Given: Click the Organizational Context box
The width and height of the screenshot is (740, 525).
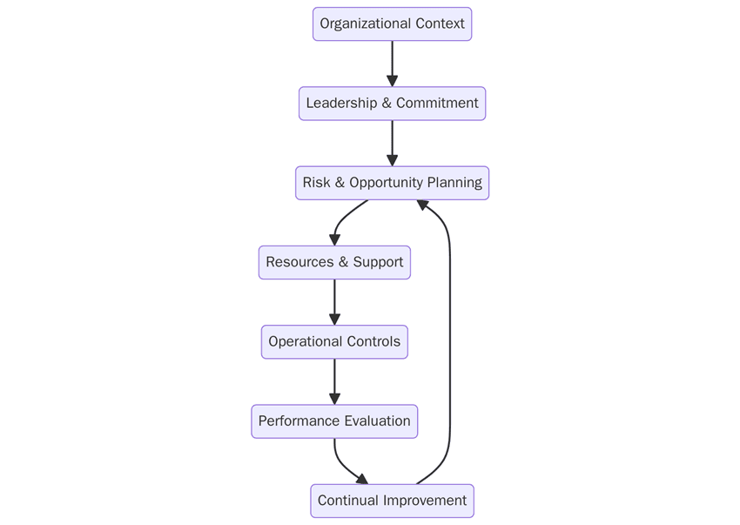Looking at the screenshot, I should (392, 24).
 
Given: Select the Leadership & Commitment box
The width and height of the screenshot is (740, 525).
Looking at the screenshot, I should (392, 103).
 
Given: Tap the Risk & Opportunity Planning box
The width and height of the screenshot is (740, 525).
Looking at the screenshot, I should (392, 183).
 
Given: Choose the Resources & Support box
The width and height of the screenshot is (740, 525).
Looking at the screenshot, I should (334, 262).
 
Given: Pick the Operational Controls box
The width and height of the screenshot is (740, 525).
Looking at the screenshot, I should (334, 341).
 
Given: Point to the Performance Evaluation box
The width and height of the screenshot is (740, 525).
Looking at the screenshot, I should (334, 421).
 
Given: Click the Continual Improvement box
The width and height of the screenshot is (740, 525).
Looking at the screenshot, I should (392, 501).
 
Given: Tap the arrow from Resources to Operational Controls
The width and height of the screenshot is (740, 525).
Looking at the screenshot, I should (334, 301).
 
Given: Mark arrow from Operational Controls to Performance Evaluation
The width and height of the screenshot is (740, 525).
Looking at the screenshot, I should (334, 381).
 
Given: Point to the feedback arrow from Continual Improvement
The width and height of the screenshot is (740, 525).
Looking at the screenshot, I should (449, 348).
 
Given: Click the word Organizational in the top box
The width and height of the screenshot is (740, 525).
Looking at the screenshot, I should (360, 24).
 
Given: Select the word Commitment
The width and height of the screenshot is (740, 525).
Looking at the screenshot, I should (437, 103).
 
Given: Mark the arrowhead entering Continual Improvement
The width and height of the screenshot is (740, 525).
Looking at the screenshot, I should (362, 479).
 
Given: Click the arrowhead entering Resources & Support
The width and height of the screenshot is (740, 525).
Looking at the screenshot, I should (334, 239).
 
